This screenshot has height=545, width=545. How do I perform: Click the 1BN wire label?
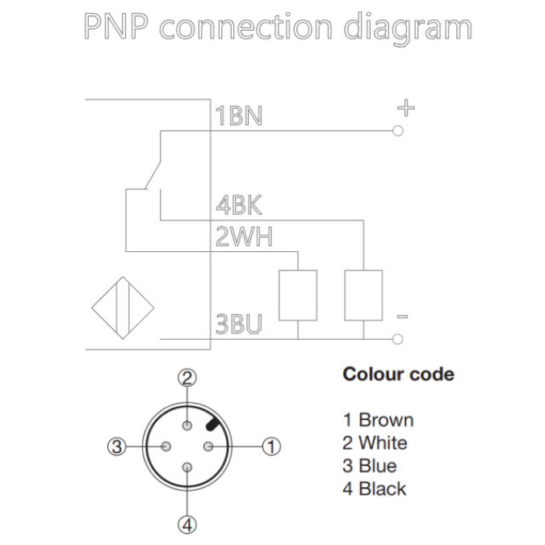pyautogui.click(x=238, y=116)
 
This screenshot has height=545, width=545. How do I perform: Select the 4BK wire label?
pyautogui.click(x=238, y=205)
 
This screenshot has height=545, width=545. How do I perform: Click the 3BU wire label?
pyautogui.click(x=239, y=325)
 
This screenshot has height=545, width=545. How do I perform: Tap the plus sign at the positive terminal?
pyautogui.click(x=406, y=107)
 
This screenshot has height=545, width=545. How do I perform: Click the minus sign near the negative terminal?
pyautogui.click(x=403, y=317)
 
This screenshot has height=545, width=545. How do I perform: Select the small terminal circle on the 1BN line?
pyautogui.click(x=397, y=129)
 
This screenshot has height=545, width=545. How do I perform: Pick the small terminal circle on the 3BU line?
pyautogui.click(x=397, y=338)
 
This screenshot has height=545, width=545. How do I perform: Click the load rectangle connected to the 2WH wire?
pyautogui.click(x=298, y=296)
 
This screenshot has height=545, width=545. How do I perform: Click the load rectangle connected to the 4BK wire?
pyautogui.click(x=363, y=296)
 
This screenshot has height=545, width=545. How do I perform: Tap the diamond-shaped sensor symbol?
pyautogui.click(x=123, y=307)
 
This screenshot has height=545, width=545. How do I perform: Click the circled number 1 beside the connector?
pyautogui.click(x=273, y=446)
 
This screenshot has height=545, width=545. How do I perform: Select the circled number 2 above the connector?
pyautogui.click(x=187, y=377)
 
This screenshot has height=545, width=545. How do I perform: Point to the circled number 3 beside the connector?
pyautogui.click(x=118, y=446)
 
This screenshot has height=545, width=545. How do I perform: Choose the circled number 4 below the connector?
pyautogui.click(x=187, y=526)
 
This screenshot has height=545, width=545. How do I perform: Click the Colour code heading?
pyautogui.click(x=398, y=375)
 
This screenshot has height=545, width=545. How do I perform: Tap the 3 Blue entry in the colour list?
pyautogui.click(x=369, y=466)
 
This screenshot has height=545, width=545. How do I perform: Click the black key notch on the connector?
pyautogui.click(x=213, y=422)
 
